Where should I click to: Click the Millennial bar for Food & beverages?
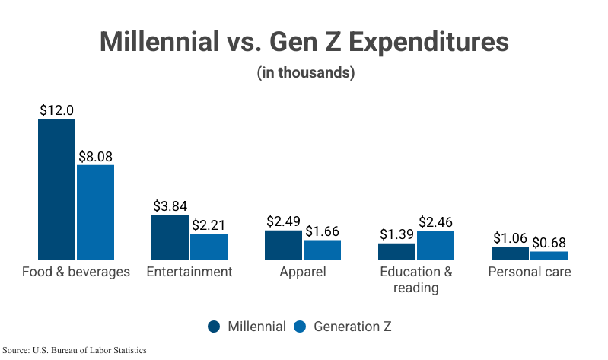[x=57, y=189]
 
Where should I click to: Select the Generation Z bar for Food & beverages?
[x=95, y=212]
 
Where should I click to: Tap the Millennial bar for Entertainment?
[x=170, y=237]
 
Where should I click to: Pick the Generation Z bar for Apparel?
[x=322, y=250]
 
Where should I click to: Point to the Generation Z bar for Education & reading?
[x=435, y=245]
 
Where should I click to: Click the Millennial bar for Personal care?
[x=510, y=253]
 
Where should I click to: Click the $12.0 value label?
[x=57, y=110]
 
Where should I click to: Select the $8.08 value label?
[x=95, y=156]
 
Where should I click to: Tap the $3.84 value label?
[x=170, y=206]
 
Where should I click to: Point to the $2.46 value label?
[x=435, y=222]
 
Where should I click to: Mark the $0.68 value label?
[x=549, y=243]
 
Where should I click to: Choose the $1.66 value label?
[x=322, y=231]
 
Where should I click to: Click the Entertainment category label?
[x=189, y=272]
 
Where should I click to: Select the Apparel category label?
[x=303, y=272]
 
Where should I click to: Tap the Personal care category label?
[x=530, y=272]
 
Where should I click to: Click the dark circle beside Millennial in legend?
[x=215, y=327]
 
